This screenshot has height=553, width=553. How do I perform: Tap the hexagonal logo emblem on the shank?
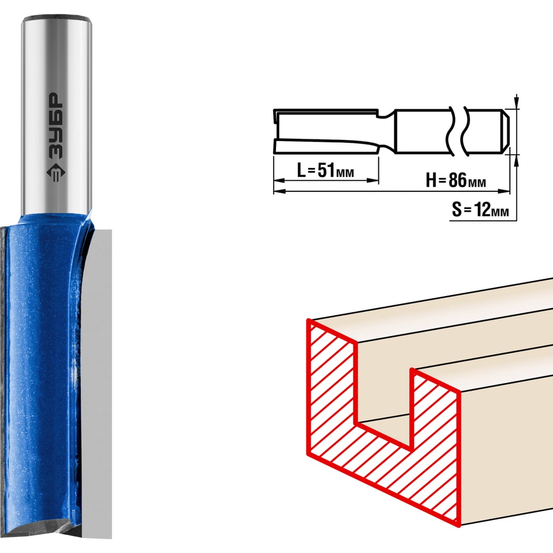click(55, 172)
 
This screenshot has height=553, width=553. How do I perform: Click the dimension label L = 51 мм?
click(325, 170)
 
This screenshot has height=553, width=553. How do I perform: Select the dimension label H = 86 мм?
click(455, 180)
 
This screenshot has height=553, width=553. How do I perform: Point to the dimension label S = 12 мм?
click(481, 210)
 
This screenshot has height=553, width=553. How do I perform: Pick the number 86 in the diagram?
click(457, 180)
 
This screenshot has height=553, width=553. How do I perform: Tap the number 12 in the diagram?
click(483, 210)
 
